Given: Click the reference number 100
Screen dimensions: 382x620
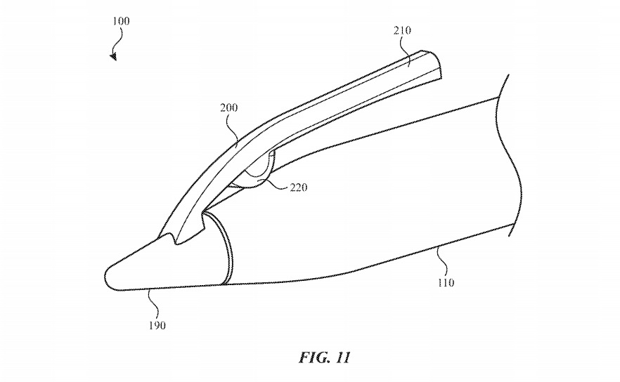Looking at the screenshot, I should click(120, 22).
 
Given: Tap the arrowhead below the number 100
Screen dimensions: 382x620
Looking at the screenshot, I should click(113, 57).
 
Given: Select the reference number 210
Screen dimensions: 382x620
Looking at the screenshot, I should click(403, 30).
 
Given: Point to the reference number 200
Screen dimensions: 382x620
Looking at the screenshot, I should click(228, 108).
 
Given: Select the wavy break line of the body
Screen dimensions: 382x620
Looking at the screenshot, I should click(513, 154).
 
